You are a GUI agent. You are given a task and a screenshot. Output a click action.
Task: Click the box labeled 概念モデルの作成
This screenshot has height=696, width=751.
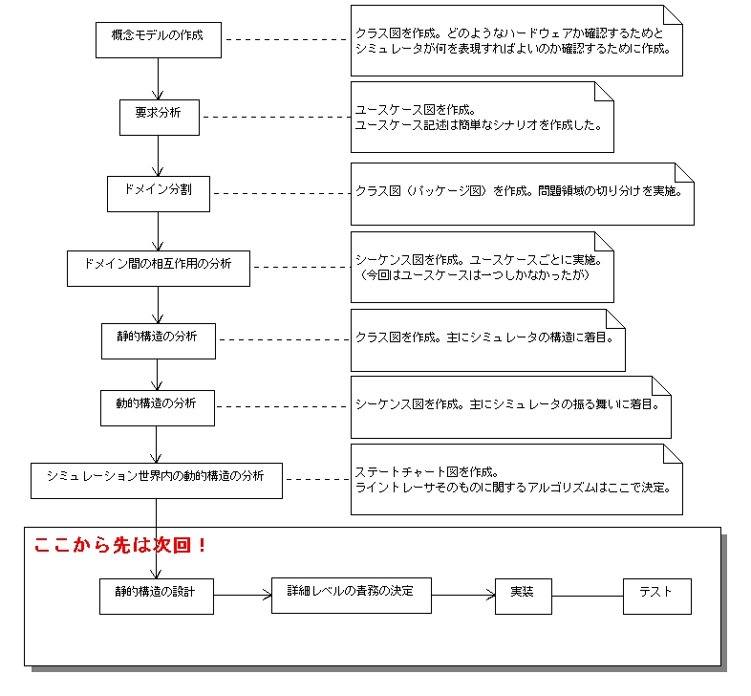[159, 40]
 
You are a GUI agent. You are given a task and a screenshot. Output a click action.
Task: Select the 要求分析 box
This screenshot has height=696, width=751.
[160, 118]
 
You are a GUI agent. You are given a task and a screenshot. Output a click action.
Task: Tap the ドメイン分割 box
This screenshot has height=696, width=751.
[159, 194]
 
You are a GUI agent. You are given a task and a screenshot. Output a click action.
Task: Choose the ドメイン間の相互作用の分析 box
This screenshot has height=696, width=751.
[159, 269]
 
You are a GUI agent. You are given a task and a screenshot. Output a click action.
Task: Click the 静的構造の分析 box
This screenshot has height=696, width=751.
[159, 340]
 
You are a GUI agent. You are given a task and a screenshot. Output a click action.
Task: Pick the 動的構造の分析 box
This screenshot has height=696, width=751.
[158, 408]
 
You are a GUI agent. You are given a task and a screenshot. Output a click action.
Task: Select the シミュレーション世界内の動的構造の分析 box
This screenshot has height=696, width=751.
[157, 481]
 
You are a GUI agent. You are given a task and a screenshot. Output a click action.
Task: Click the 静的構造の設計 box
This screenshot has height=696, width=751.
[157, 597]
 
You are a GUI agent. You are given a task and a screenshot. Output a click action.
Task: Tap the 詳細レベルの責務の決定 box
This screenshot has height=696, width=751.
[352, 596]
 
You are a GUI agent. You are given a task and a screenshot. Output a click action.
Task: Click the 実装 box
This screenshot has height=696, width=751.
[524, 597]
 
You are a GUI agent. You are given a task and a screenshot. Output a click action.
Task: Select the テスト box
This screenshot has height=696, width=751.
[657, 597]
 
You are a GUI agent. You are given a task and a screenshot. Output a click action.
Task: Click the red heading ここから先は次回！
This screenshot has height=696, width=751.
[120, 545]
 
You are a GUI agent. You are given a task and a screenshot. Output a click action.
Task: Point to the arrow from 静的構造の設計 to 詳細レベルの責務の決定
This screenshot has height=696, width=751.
[243, 596]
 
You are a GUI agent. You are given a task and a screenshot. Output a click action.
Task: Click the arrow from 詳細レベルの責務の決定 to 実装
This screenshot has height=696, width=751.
[463, 596]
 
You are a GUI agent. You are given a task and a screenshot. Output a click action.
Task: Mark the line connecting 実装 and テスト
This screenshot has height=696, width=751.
[588, 597]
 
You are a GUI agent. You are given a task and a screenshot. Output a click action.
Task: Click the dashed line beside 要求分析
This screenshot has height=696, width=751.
[275, 117]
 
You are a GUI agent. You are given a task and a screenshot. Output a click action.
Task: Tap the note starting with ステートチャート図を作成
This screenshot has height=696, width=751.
[517, 479]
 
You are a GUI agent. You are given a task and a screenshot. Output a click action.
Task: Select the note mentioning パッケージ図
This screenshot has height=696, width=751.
[523, 194]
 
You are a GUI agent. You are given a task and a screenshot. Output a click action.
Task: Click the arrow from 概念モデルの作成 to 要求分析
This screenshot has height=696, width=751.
[158, 79]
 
